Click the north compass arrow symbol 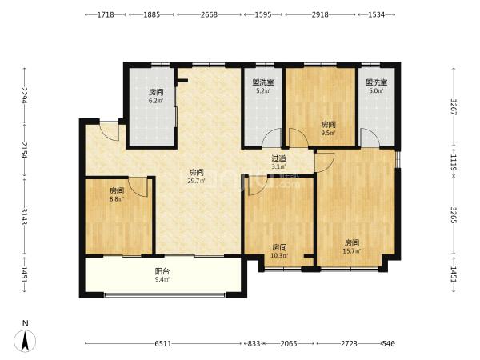coord(25,341)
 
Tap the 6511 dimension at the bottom coord(163,344)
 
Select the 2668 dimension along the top coord(209,14)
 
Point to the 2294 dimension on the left coord(25,95)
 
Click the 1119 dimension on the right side coord(454,162)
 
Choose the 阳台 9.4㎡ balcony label coord(162,275)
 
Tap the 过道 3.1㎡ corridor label coord(278,162)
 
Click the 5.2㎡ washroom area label coord(263,91)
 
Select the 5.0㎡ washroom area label coord(376,91)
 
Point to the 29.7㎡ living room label coord(196,181)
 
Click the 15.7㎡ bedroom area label coord(352,251)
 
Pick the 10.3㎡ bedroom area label coord(279,256)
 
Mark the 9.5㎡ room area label coord(328,133)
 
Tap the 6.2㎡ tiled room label coord(156,101)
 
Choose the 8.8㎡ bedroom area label coord(117,199)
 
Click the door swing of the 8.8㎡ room coord(138,187)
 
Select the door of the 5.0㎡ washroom coord(370,138)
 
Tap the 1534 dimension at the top coord(376,14)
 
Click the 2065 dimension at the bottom coord(289,344)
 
